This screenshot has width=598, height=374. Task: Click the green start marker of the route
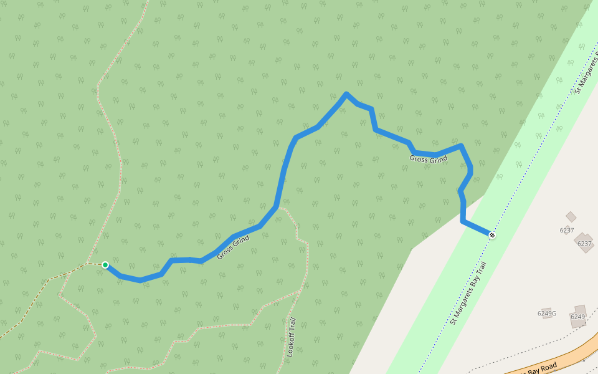point(105,265)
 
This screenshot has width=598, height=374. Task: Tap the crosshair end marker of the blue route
point(492,235)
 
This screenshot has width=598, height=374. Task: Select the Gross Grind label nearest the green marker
point(233,247)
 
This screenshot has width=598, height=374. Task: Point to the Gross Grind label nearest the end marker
point(429,160)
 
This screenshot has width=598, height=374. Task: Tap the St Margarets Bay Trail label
point(468,293)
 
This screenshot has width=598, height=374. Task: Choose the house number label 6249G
point(546,314)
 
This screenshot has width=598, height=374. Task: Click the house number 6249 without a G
point(577,317)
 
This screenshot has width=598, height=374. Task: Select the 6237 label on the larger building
point(584,244)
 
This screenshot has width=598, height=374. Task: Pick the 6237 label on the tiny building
point(567,230)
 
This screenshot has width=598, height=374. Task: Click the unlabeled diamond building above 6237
point(571,217)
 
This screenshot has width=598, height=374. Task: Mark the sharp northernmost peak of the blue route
point(346,94)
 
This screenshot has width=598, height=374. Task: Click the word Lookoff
point(291,347)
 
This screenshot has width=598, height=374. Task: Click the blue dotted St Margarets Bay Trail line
point(436,337)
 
